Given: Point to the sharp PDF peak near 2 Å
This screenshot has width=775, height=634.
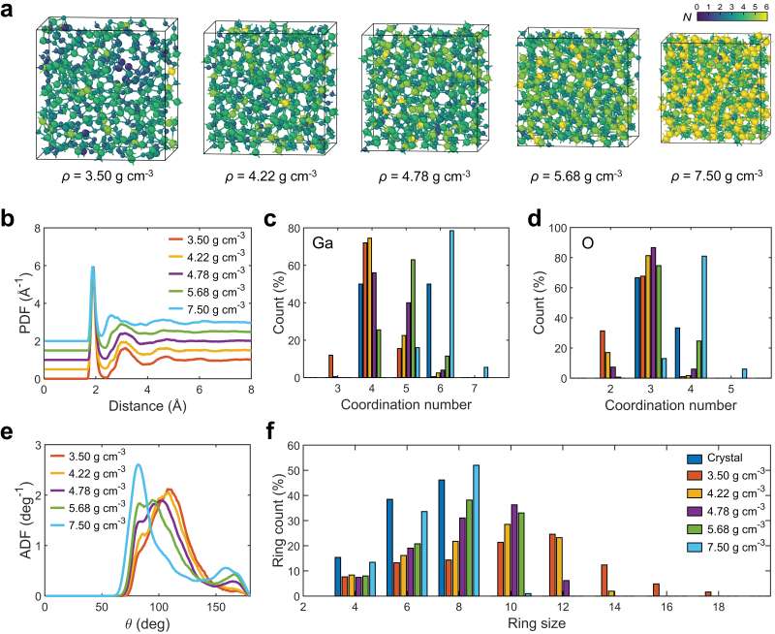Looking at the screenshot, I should (93, 267).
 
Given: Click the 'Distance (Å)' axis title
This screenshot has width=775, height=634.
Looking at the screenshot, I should (147, 404).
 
